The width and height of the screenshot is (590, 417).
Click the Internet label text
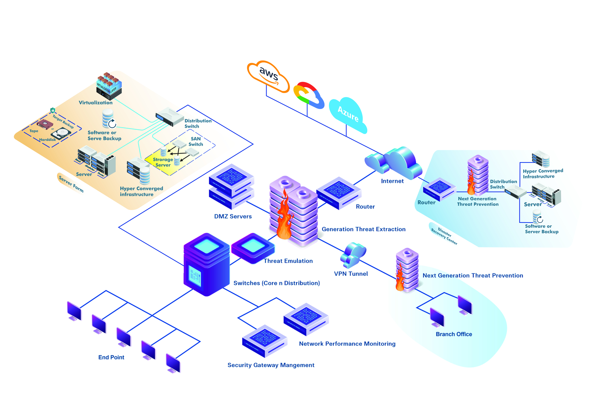tap(392, 181)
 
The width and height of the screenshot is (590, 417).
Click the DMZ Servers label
tap(233, 216)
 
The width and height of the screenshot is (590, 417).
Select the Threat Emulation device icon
tap(253, 247)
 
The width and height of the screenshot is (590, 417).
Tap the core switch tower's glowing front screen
tap(195, 276)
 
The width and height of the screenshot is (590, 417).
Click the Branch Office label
tap(454, 334)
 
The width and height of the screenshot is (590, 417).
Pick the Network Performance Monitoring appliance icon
tap(306, 318)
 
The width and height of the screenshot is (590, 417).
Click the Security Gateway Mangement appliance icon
tap(264, 340)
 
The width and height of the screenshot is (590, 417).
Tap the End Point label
tap(111, 357)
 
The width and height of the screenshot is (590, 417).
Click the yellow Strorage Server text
tap(163, 162)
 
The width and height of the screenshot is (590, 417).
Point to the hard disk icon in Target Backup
tap(61, 133)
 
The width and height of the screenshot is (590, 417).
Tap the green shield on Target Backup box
tap(53, 110)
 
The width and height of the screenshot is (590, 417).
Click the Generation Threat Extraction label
tap(363, 229)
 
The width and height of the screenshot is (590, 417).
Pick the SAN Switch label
tap(196, 141)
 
